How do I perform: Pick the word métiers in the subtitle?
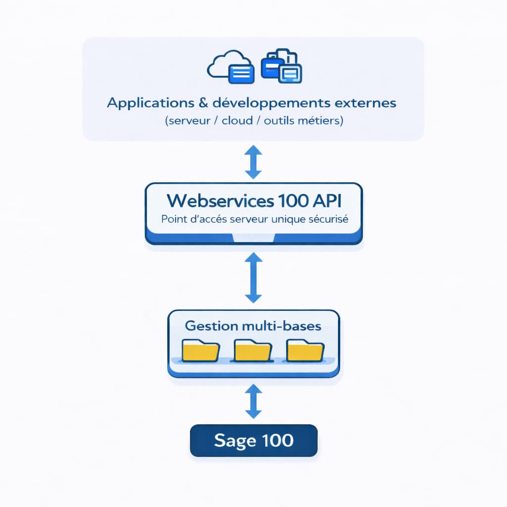(322, 121)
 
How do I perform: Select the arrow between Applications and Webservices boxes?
(253, 161)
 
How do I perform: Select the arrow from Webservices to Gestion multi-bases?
(253, 278)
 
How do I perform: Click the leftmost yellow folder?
(201, 351)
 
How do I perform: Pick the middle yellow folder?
(253, 351)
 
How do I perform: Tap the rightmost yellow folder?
(305, 351)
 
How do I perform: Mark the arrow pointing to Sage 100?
(253, 402)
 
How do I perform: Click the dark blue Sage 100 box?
(253, 440)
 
